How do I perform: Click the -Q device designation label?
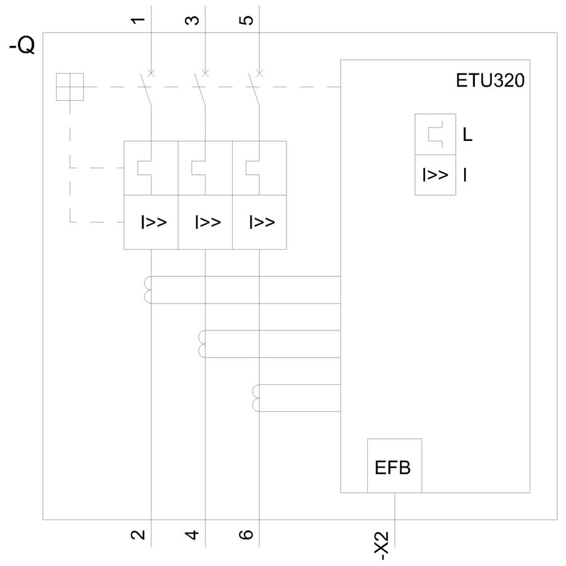(22, 47)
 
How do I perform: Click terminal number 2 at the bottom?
(139, 535)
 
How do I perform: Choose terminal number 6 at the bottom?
(248, 535)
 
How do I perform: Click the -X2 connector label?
(382, 545)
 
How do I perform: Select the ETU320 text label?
(489, 82)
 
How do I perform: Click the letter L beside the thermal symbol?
(467, 135)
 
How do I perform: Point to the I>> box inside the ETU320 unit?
(435, 175)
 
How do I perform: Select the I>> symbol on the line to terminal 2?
(153, 222)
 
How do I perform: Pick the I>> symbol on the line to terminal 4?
(208, 222)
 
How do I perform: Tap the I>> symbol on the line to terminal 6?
(262, 222)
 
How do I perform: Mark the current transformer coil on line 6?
(256, 397)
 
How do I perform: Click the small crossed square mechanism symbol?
(69, 87)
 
